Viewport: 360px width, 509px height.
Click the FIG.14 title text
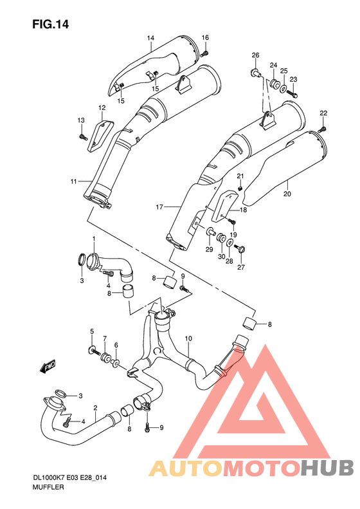click(x=51, y=24)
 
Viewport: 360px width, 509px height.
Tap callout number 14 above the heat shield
click(x=150, y=39)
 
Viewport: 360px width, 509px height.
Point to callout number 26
click(x=255, y=55)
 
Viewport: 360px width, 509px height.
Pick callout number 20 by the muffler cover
click(x=287, y=194)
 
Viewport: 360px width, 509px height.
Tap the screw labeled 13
click(x=82, y=136)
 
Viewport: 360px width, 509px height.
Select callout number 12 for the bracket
click(x=102, y=107)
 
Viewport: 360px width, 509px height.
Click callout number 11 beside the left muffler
click(x=73, y=180)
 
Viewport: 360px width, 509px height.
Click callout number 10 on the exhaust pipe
click(x=188, y=338)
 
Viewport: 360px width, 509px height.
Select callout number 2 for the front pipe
click(x=94, y=408)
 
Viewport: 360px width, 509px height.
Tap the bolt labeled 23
click(x=290, y=94)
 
